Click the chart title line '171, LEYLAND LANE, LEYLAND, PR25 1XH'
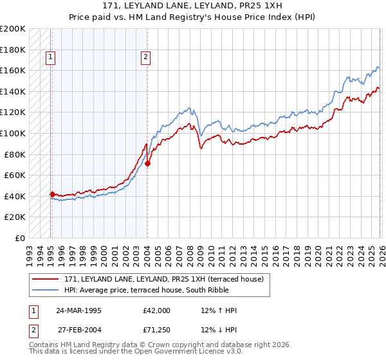pos(192,6)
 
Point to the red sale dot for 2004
pos(147,163)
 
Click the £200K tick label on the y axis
pos(13,29)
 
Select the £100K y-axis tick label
pos(13,133)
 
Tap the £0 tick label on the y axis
pos(19,238)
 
